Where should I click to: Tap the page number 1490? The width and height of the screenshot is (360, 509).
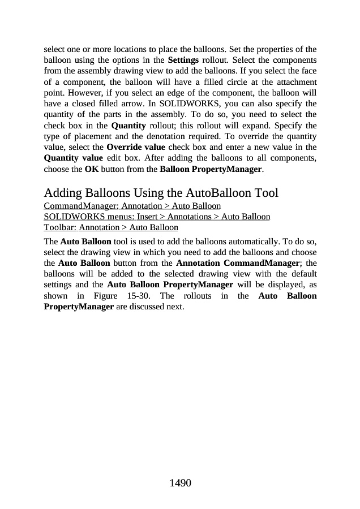180,483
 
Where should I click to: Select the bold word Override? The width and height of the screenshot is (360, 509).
123,148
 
